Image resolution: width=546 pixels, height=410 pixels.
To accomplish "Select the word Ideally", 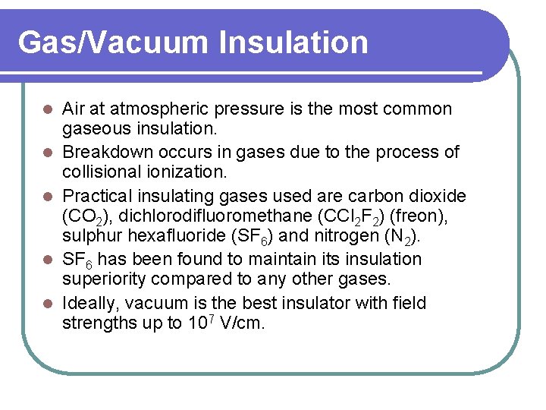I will click(x=91, y=304).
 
